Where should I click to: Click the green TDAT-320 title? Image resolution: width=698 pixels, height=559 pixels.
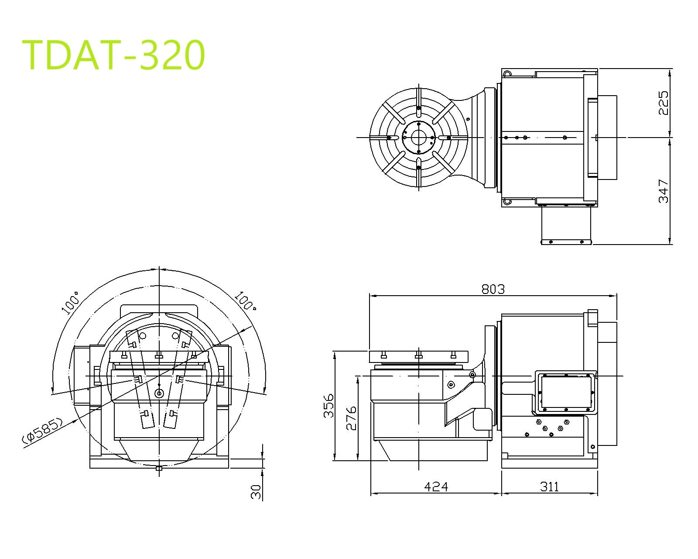pyautogui.click(x=113, y=55)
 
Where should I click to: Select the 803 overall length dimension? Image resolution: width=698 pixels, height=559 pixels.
pyautogui.click(x=493, y=289)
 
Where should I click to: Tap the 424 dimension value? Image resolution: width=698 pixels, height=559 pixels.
pyautogui.click(x=436, y=487)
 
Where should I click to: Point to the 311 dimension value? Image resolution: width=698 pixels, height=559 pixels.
pyautogui.click(x=549, y=487)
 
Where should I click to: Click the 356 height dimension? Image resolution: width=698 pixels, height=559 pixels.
pyautogui.click(x=328, y=406)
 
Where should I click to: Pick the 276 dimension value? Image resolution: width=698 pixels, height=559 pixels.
pyautogui.click(x=351, y=418)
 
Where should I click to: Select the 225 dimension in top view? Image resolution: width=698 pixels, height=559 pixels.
pyautogui.click(x=663, y=103)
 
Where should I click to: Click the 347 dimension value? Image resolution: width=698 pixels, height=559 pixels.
pyautogui.click(x=663, y=191)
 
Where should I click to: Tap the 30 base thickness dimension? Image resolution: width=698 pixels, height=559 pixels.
pyautogui.click(x=256, y=491)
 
